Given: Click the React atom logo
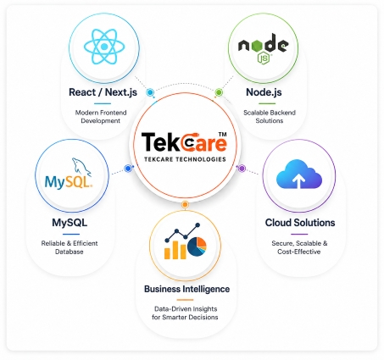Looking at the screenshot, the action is pyautogui.click(x=104, y=47).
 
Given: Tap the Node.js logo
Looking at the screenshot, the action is pyautogui.click(x=263, y=47).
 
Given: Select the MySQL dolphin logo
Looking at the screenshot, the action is pyautogui.click(x=69, y=174).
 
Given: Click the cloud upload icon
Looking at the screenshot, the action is pyautogui.click(x=299, y=174).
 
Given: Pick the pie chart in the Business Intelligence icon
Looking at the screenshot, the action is pyautogui.click(x=197, y=246).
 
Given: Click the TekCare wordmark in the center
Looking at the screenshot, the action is pyautogui.click(x=184, y=142).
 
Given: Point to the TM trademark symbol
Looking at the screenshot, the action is pyautogui.click(x=223, y=135).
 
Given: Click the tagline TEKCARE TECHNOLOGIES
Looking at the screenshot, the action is pyautogui.click(x=185, y=159).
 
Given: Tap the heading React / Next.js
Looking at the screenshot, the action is pyautogui.click(x=103, y=92).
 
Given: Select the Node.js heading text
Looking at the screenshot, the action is pyautogui.click(x=264, y=92).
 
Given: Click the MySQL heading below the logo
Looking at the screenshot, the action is pyautogui.click(x=70, y=223).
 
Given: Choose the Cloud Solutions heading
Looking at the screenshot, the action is pyautogui.click(x=300, y=223).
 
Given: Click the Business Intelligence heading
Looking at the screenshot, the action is pyautogui.click(x=186, y=289).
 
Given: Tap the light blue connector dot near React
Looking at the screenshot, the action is pyautogui.click(x=150, y=92).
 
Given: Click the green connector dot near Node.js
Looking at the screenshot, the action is pyautogui.click(x=219, y=92).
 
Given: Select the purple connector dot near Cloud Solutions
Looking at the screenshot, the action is pyautogui.click(x=242, y=169).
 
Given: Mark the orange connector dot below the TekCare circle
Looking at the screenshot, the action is pyautogui.click(x=185, y=204).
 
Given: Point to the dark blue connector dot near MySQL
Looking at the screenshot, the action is pyautogui.click(x=128, y=169).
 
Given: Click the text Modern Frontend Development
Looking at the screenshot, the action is pyautogui.click(x=101, y=117).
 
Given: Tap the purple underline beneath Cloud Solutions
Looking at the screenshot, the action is pyautogui.click(x=299, y=234).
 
